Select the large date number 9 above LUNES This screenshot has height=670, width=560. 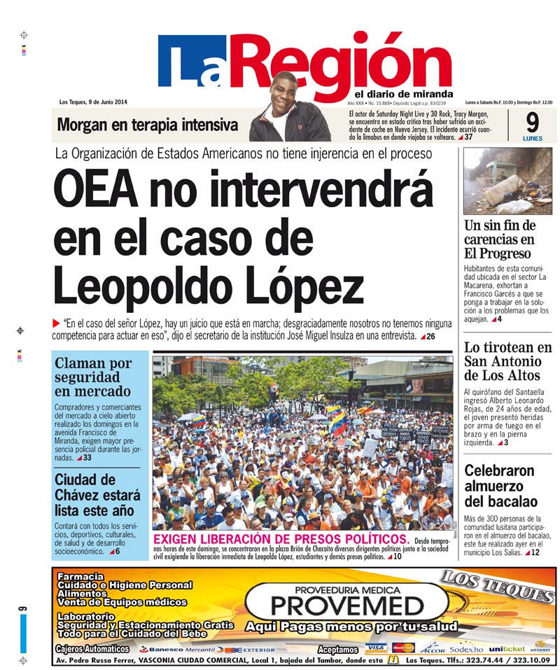click(532, 123)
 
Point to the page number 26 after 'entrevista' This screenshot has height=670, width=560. click(430, 337)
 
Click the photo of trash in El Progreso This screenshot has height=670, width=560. click(507, 181)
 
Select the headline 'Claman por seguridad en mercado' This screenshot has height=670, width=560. click(93, 377)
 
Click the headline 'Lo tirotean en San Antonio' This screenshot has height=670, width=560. click(507, 361)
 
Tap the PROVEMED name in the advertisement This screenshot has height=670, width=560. click(347, 605)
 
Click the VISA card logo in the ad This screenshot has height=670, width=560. click(376, 648)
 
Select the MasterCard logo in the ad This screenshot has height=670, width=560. click(403, 648)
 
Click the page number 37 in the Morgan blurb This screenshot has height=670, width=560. click(468, 137)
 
